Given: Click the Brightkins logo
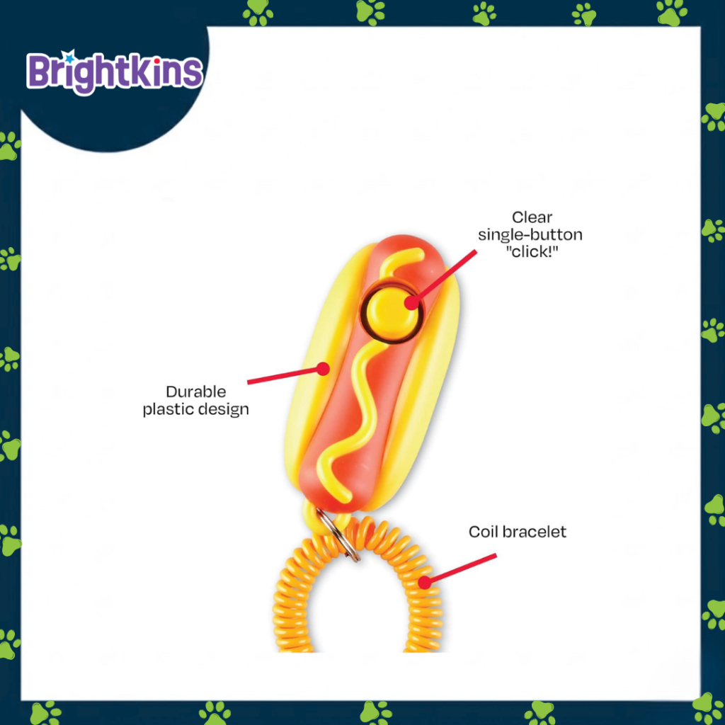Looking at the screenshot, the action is point(115,72).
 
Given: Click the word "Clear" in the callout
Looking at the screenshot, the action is point(532,217).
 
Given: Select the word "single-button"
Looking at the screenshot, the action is point(530,234).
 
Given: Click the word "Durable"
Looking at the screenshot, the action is point(196,392).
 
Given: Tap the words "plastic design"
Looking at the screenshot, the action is point(196,409).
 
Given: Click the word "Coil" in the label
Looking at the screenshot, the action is point(484,532).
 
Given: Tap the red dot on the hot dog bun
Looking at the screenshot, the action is point(323,368).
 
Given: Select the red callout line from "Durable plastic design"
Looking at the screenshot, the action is point(283,376).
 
